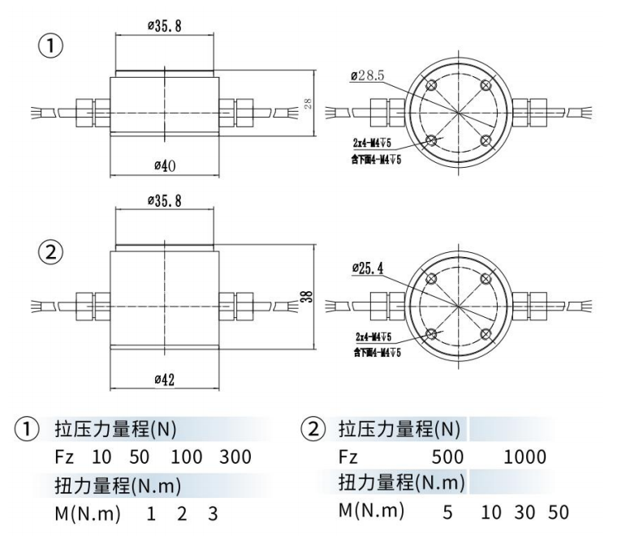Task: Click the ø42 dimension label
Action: [x=166, y=380]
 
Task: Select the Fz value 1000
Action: [x=525, y=457]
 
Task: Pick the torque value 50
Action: [x=558, y=512]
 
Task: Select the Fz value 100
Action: [x=186, y=457]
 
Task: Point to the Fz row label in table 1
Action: [x=64, y=457]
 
